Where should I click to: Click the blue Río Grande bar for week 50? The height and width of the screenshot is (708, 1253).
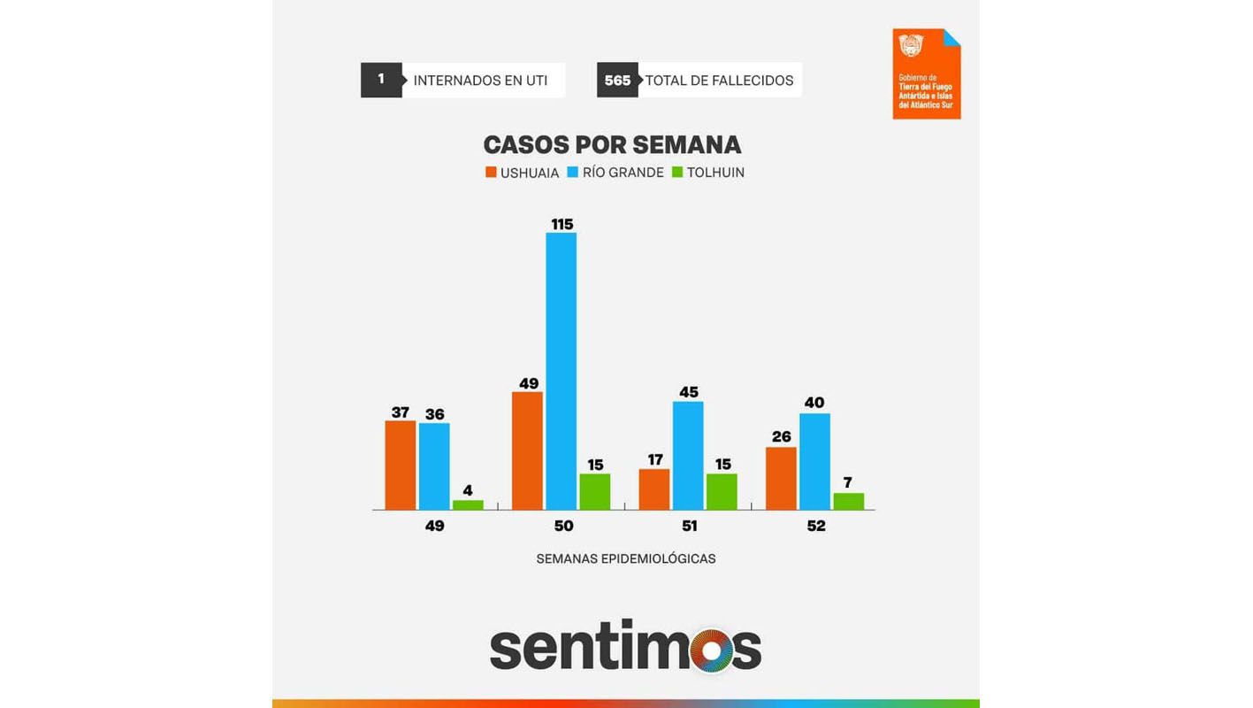click(x=561, y=371)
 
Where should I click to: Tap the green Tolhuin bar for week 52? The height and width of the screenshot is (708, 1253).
click(x=848, y=501)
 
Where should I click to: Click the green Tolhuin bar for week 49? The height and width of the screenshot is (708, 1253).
click(x=468, y=504)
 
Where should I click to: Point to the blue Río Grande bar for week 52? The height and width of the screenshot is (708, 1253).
click(x=814, y=461)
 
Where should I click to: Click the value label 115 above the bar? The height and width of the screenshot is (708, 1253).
click(x=562, y=225)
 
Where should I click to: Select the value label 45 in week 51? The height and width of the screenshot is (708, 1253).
click(x=688, y=392)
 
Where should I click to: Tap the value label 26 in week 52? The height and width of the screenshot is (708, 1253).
click(x=781, y=437)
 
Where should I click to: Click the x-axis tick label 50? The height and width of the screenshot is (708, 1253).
click(x=563, y=526)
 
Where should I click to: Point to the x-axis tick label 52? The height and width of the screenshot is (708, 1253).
click(x=815, y=526)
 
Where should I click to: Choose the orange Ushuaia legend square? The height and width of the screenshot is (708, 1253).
click(x=491, y=173)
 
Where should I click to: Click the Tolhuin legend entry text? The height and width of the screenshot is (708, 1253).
click(x=715, y=173)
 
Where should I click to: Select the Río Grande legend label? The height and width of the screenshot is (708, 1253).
click(x=623, y=173)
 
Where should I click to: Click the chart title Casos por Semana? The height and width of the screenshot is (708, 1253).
click(x=612, y=144)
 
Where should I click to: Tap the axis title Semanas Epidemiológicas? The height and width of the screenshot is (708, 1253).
click(x=625, y=558)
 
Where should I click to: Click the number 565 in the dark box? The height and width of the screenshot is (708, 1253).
click(x=617, y=81)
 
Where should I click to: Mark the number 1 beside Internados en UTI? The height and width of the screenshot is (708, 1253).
click(x=381, y=80)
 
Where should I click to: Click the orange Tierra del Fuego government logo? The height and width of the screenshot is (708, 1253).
click(x=926, y=74)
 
